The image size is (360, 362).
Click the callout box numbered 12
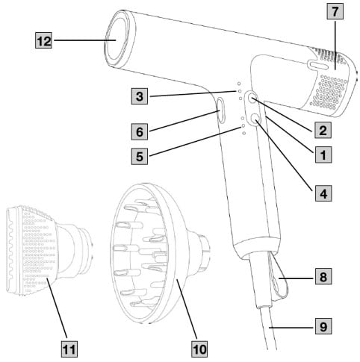(x=43, y=40)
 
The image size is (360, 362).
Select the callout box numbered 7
(x=335, y=12)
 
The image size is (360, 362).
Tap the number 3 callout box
(x=140, y=96)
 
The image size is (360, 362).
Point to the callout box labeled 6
(x=140, y=131)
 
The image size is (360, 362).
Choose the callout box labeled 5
(x=140, y=157)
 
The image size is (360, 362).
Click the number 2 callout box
(x=323, y=130)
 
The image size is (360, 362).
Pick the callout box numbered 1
(x=323, y=155)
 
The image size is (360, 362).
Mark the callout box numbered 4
(x=323, y=193)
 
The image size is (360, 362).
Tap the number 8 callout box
(x=323, y=276)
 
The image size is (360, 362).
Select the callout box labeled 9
(x=323, y=326)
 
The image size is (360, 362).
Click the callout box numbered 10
(x=199, y=349)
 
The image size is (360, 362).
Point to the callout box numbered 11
(x=69, y=349)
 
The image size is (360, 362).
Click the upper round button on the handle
(x=252, y=97)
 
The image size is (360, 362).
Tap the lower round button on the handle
(x=254, y=118)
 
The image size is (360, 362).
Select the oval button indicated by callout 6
(x=221, y=110)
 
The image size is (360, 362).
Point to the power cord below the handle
(x=268, y=328)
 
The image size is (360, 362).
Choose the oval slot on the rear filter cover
(x=318, y=65)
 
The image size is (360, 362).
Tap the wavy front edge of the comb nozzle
(x=10, y=250)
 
